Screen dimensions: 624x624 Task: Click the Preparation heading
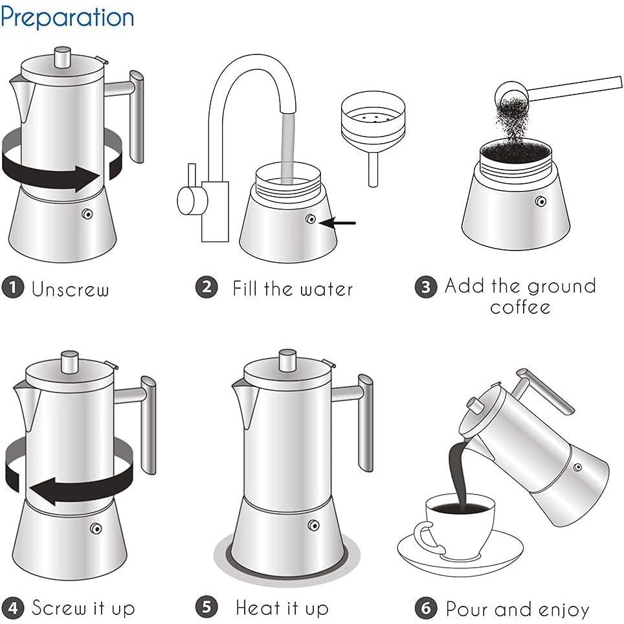tap(67, 17)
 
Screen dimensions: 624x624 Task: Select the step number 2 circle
tap(206, 286)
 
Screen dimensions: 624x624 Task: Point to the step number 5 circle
tap(206, 607)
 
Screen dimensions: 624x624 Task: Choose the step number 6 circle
tap(425, 608)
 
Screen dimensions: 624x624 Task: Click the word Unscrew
tap(71, 289)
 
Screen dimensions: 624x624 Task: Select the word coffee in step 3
tap(520, 306)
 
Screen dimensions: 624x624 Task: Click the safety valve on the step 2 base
tap(311, 219)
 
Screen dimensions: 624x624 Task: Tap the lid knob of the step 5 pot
tap(287, 359)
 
